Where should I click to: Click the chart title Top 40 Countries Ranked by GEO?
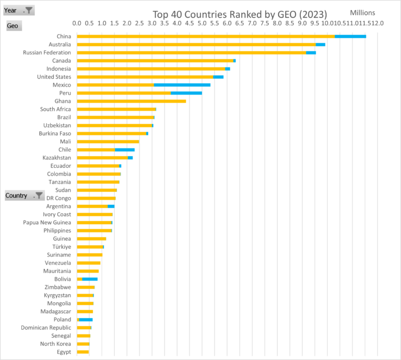point(240,14)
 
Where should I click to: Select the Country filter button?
point(25,195)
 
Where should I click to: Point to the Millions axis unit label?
point(362,13)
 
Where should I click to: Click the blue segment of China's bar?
point(350,36)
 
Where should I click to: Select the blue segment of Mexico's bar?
point(182,85)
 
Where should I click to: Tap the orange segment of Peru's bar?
point(124,93)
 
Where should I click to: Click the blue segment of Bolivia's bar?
point(90,279)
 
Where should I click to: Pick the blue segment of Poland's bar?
point(86,319)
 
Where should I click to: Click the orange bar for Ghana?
point(131,101)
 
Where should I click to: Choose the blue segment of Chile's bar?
point(124,149)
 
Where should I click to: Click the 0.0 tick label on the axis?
point(77,24)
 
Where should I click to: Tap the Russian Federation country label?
point(47,52)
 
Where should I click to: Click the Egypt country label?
point(63,352)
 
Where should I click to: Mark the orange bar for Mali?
point(108,142)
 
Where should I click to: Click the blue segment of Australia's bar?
point(320,44)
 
